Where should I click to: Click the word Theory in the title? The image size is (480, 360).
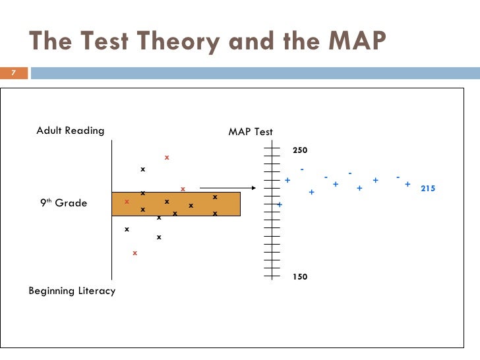(162, 42)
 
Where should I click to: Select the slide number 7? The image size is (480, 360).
(13, 73)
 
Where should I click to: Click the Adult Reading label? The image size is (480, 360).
(70, 131)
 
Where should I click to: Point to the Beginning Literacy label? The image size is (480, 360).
(72, 291)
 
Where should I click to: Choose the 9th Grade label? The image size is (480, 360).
(64, 203)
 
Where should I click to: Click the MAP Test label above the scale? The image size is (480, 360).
(251, 132)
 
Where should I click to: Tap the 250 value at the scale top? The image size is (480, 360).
(300, 151)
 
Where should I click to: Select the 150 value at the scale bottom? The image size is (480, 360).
(300, 278)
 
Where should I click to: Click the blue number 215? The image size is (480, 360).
(428, 189)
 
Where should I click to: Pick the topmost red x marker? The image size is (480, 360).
(167, 158)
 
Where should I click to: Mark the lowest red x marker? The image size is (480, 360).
(135, 253)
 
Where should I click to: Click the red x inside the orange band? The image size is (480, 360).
(127, 202)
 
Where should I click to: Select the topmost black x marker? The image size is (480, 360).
(142, 170)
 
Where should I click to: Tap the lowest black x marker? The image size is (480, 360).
(159, 237)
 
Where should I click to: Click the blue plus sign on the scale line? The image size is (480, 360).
(280, 205)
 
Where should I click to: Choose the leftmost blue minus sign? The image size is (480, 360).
(302, 169)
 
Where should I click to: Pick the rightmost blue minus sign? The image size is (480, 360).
(398, 177)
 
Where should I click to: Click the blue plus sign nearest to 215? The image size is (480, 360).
(407, 185)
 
